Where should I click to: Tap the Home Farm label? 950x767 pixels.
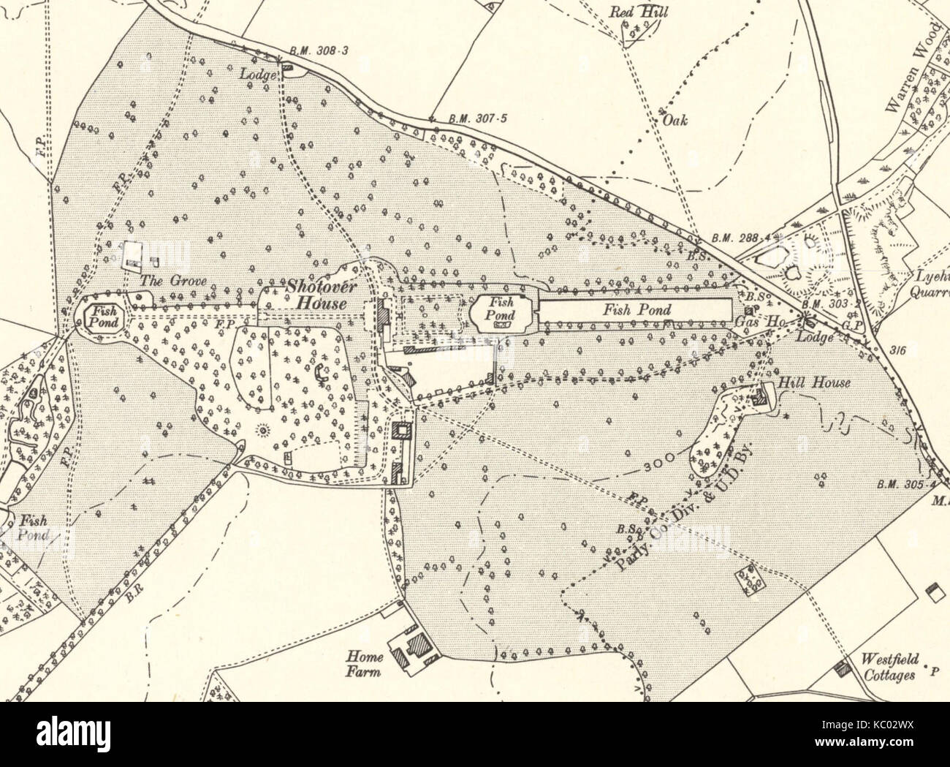point(364,664)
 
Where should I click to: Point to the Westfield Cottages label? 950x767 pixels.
point(888,666)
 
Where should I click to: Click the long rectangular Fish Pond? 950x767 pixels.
point(635,310)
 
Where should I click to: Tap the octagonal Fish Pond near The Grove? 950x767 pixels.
point(97,316)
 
